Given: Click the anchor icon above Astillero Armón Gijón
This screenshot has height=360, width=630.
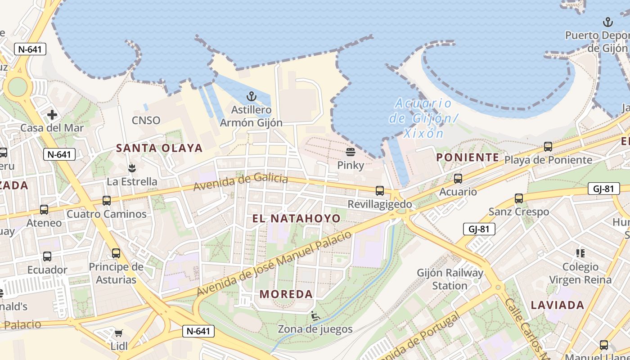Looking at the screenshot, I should [252, 96].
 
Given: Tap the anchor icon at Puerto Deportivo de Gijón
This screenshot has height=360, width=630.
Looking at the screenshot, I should [608, 22].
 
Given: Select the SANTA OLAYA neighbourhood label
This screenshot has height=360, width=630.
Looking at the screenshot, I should [159, 148].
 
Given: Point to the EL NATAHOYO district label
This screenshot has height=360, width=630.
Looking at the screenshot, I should [296, 219].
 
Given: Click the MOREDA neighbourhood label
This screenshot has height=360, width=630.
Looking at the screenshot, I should [286, 294].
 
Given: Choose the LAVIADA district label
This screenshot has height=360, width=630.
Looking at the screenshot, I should [558, 305].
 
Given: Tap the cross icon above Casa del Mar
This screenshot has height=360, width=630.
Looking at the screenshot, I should [52, 115].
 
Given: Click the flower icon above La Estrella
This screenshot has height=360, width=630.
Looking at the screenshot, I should [132, 169].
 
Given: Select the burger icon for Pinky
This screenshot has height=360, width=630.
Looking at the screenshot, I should [351, 152].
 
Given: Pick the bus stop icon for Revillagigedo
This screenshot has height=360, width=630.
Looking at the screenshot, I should [380, 191].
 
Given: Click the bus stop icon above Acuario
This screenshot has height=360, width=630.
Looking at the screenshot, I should [458, 179].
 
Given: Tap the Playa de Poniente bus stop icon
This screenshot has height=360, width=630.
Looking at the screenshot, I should [548, 147].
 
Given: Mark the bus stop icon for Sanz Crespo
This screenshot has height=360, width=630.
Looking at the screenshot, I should [519, 198].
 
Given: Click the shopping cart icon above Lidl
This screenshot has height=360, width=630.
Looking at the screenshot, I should [119, 333].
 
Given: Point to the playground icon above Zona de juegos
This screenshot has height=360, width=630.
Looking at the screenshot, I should [315, 316].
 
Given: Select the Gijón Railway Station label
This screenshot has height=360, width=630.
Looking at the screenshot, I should [450, 279].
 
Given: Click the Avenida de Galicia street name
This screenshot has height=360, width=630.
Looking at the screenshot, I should [241, 181].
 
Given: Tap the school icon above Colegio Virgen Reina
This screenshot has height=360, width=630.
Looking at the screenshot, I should [580, 253].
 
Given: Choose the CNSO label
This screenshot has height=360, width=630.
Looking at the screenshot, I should [146, 121].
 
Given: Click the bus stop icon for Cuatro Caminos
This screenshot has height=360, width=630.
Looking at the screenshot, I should [107, 201].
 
